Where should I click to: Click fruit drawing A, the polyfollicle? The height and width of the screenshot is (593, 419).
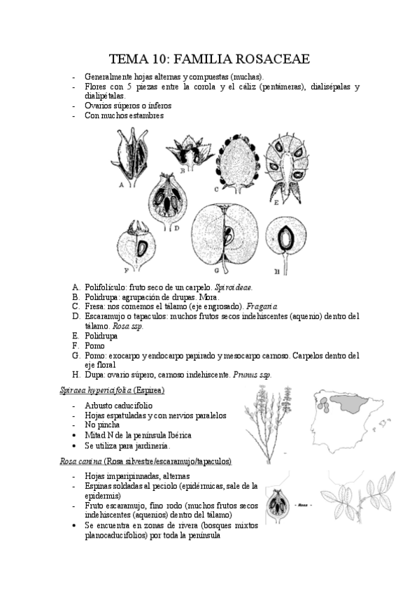(x=131, y=158)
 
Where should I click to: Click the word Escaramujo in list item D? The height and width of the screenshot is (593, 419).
(x=107, y=316)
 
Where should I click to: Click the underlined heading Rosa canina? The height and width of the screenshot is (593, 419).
(x=94, y=462)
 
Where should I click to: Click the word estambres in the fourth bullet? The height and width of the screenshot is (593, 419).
(x=144, y=115)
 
